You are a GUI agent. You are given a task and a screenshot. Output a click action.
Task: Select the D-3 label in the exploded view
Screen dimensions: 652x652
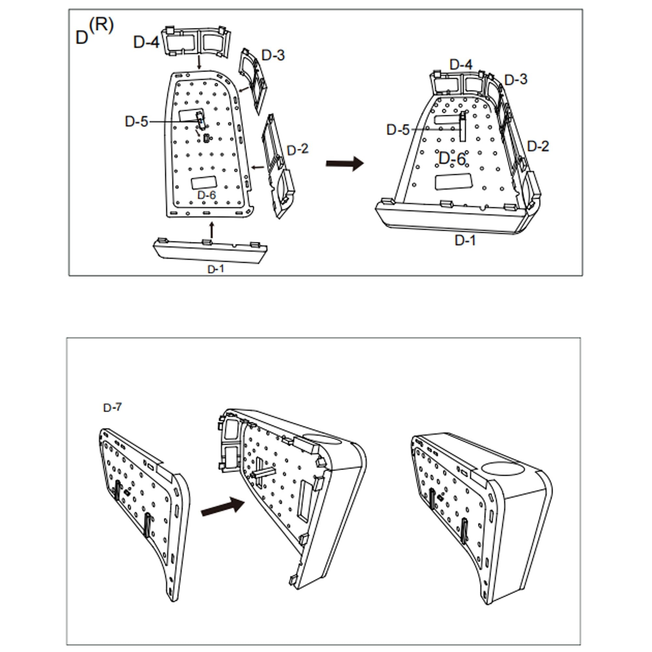click(x=273, y=55)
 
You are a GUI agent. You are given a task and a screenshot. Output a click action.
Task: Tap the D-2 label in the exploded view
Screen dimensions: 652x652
click(x=297, y=150)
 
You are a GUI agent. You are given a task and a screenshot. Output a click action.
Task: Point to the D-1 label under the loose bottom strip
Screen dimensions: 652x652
click(x=215, y=269)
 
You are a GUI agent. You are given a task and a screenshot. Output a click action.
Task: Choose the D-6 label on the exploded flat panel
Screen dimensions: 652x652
click(x=206, y=195)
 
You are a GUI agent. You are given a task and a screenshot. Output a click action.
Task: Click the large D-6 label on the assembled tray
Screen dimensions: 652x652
click(x=452, y=159)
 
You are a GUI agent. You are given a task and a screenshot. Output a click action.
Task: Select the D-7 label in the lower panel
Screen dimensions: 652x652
click(x=112, y=408)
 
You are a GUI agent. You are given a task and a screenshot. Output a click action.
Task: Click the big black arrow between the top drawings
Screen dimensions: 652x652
click(x=344, y=164)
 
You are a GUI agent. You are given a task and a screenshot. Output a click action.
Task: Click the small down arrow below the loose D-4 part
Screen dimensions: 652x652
click(x=199, y=63)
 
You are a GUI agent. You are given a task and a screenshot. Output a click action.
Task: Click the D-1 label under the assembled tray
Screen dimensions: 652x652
click(x=465, y=240)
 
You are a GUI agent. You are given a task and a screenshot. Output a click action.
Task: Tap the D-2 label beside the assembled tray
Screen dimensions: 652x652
click(x=538, y=146)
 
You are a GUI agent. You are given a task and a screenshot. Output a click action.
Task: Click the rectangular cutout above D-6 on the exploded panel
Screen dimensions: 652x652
click(x=203, y=183)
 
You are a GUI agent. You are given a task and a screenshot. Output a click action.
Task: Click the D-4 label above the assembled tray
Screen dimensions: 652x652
click(x=461, y=65)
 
